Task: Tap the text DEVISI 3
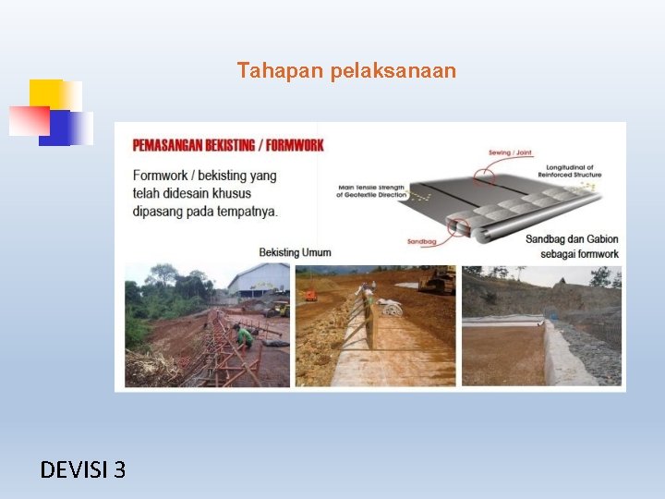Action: (x=83, y=470)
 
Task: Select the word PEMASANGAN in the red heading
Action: (x=167, y=145)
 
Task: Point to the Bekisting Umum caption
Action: (x=295, y=252)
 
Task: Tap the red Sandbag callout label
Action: (x=420, y=242)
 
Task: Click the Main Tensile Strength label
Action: (x=373, y=191)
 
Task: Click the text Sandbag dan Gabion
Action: (x=572, y=239)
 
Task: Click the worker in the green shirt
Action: (x=244, y=335)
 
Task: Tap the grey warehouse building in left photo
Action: (x=260, y=279)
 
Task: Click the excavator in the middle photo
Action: (x=435, y=280)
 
